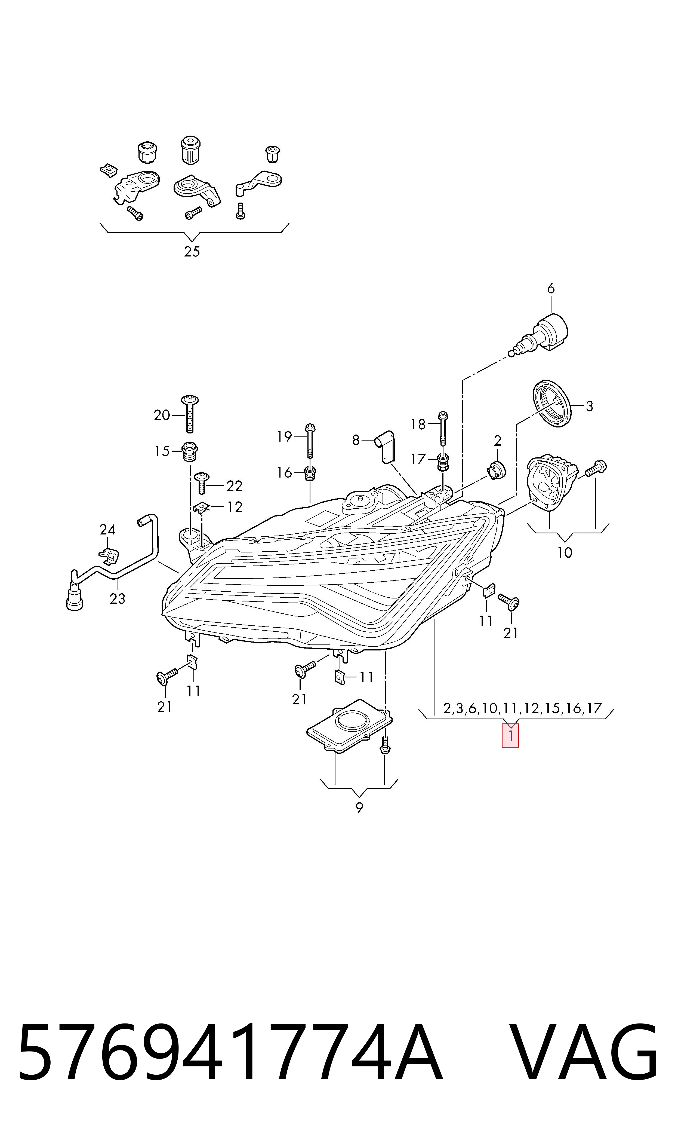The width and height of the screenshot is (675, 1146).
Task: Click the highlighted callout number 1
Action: [x=510, y=736]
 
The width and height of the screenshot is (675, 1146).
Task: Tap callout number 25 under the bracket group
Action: [x=192, y=251]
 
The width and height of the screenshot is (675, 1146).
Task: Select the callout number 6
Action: [x=551, y=289]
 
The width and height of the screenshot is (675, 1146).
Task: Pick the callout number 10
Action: [x=565, y=552]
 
